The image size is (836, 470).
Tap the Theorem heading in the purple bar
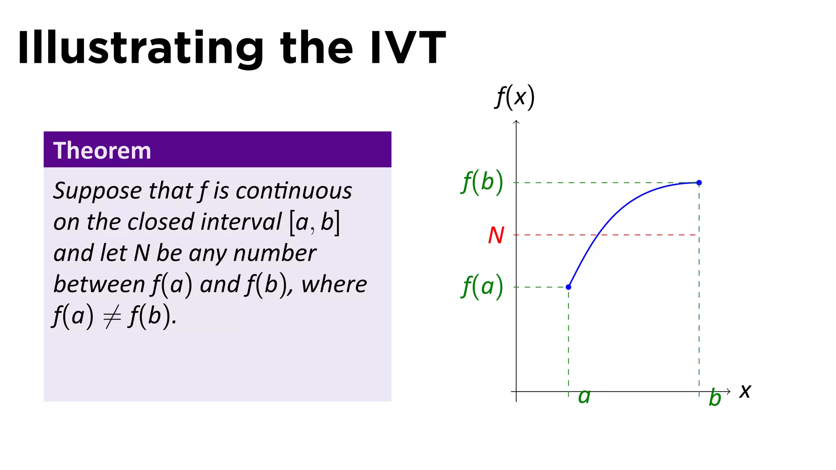[x=102, y=151]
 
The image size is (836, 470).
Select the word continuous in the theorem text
[x=293, y=191]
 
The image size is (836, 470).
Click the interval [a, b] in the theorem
[x=314, y=223]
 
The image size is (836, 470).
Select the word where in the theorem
[x=334, y=284]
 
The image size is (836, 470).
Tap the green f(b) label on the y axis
[x=482, y=182]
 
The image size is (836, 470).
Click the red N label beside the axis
[x=496, y=235]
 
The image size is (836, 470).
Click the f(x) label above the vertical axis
[x=514, y=97]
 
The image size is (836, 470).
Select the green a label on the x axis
[x=584, y=396]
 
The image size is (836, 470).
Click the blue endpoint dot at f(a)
[x=568, y=287]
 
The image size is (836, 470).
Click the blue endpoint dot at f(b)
[x=699, y=182]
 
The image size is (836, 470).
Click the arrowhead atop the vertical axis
[x=516, y=122]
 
